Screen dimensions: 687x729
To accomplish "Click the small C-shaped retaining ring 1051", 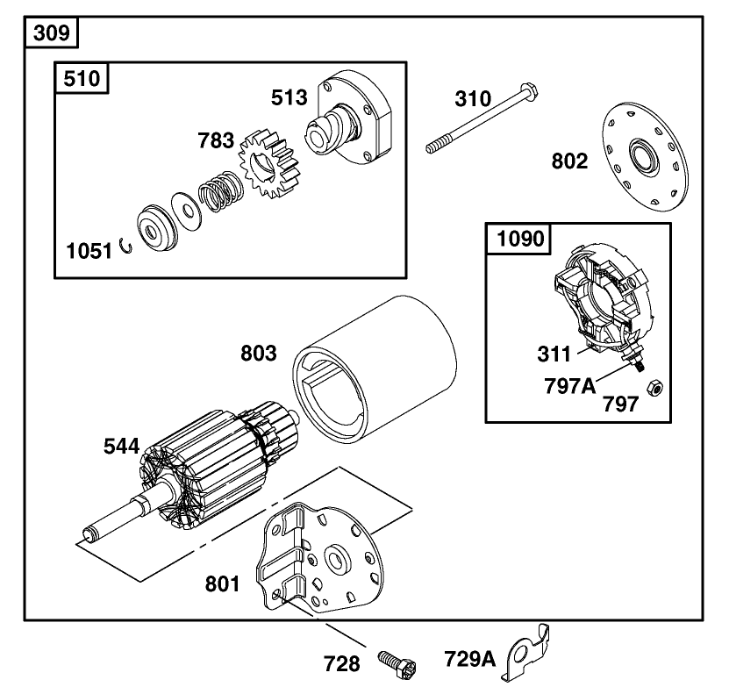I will (127, 249).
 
